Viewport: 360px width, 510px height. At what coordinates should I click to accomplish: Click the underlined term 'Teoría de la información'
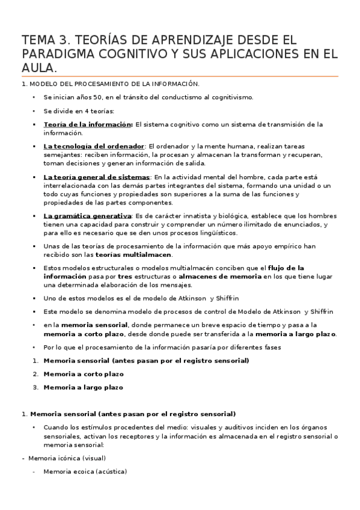(88, 124)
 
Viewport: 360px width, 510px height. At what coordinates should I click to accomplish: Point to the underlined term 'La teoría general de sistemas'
(97, 177)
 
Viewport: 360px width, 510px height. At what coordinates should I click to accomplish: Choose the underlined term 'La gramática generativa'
(88, 215)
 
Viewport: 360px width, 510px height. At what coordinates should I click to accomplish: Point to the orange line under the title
(180, 76)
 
